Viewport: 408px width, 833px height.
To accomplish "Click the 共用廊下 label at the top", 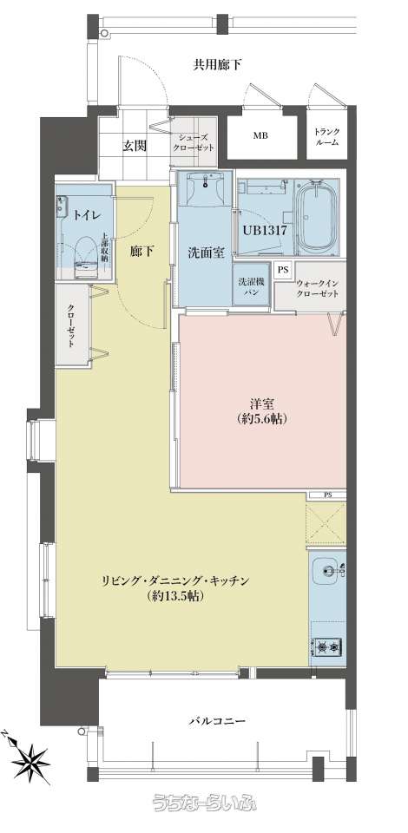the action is (217, 65).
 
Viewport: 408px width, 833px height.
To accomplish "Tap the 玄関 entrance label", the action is (135, 146).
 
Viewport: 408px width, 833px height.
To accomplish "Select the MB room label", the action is (260, 136).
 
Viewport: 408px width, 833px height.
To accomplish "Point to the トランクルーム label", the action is (326, 136).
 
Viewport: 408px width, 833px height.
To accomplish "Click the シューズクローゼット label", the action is (194, 142).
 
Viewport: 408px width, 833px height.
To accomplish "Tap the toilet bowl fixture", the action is (86, 257).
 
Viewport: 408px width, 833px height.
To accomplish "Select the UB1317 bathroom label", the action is (266, 231).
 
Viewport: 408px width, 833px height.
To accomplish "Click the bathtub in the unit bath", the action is (317, 217).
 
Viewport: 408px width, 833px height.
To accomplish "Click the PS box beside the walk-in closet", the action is (283, 270).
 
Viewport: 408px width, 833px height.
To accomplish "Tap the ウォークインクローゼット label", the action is (316, 288).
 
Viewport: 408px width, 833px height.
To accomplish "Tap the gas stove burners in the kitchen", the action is (328, 647).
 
